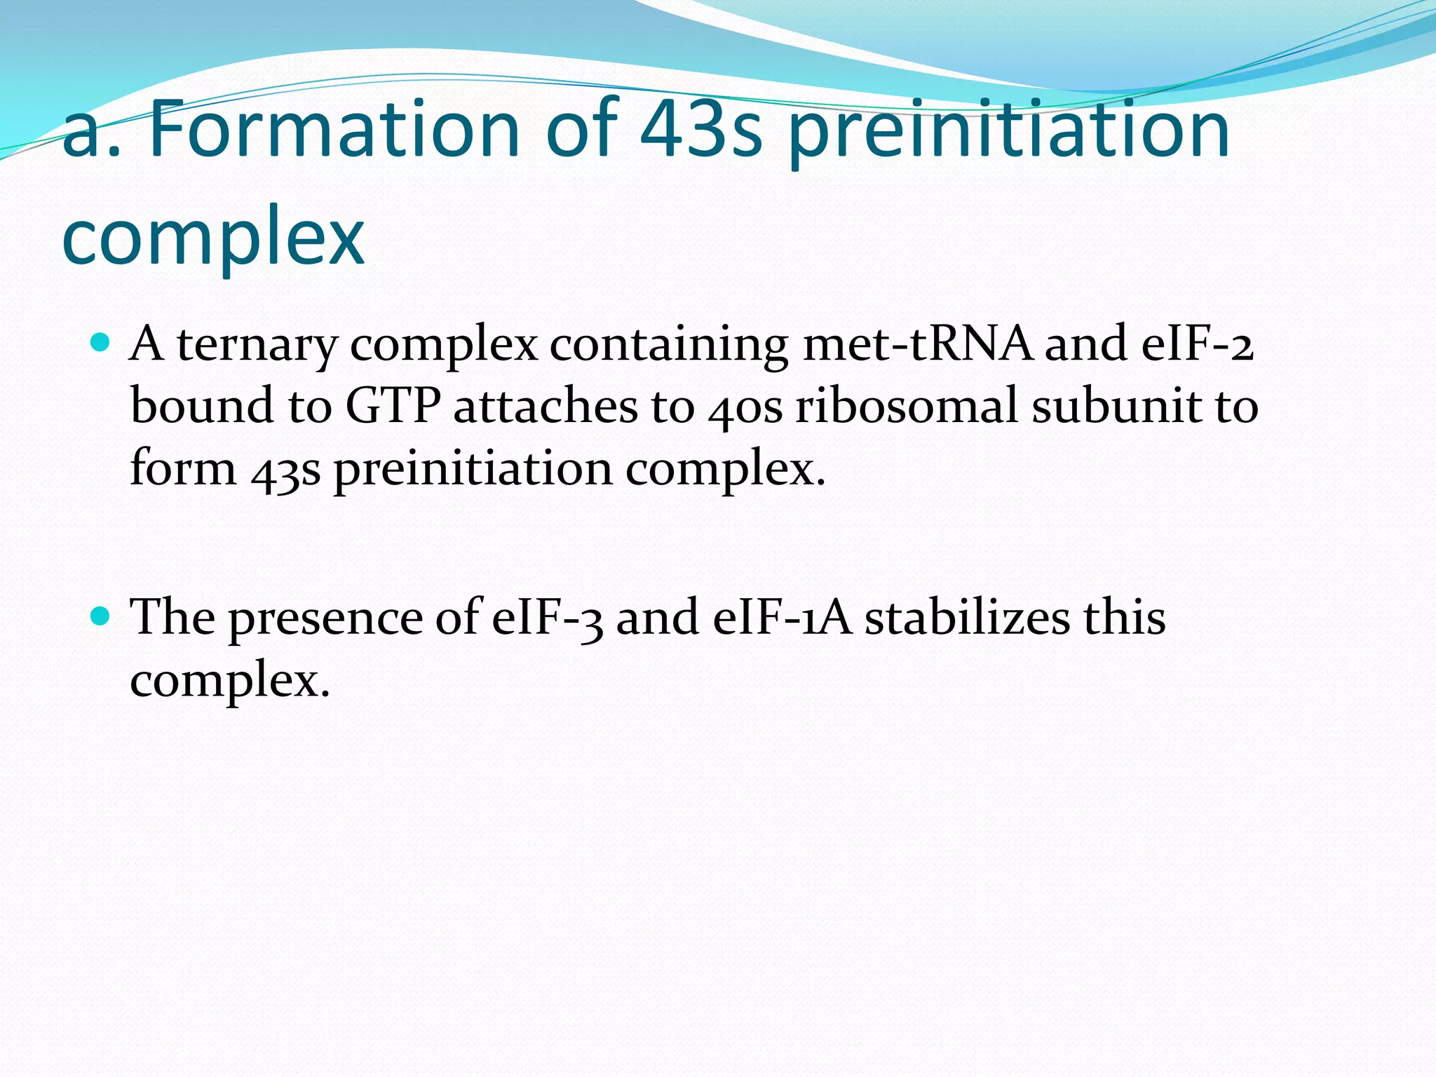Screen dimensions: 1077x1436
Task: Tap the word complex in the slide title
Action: pos(212,236)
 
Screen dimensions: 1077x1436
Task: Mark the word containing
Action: pos(669,345)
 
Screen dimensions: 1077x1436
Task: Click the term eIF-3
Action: pos(548,618)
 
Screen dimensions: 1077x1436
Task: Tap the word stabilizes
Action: pos(967,618)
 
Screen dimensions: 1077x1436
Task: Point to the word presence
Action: pos(325,619)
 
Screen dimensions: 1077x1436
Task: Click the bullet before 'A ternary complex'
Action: pos(101,343)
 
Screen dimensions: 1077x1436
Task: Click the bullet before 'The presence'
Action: pos(101,616)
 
